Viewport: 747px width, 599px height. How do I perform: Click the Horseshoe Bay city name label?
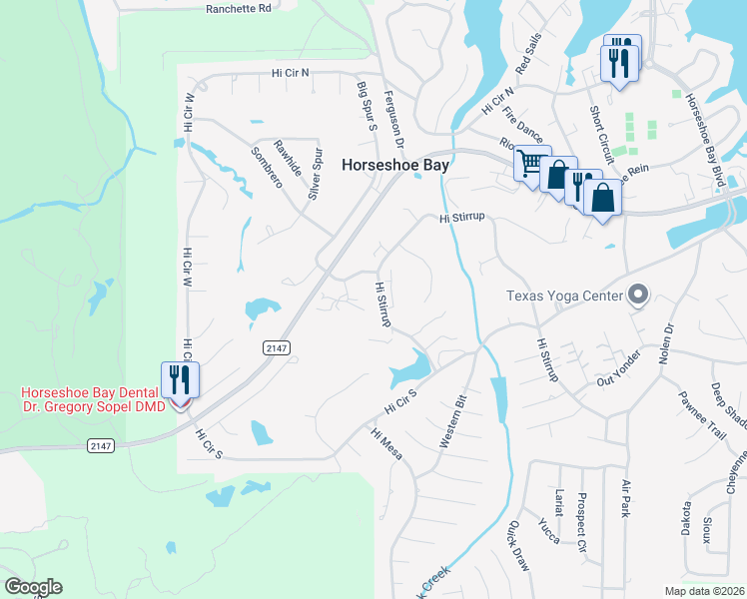tap(393, 166)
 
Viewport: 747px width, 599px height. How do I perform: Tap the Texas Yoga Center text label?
tap(563, 296)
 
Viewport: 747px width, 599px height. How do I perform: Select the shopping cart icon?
tap(531, 162)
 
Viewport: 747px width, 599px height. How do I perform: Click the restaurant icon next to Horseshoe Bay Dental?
tap(181, 379)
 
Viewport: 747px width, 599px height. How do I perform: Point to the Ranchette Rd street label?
tap(239, 8)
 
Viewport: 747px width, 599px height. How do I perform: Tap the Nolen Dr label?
tap(668, 342)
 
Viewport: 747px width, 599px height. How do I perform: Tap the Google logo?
tap(33, 587)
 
